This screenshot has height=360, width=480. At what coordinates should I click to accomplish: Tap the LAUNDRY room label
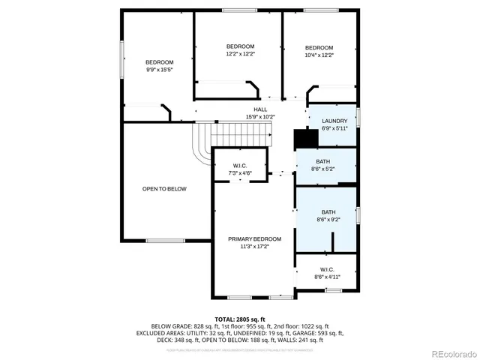coord(334,121)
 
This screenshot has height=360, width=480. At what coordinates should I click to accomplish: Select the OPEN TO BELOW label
coord(164,189)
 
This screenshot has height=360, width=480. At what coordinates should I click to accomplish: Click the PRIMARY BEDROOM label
coord(250,238)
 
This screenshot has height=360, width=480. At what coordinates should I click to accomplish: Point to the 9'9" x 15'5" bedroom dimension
coord(159,70)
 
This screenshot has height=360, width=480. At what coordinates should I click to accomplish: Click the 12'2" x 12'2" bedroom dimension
coord(241,54)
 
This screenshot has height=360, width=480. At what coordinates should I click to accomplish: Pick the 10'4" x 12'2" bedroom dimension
coord(319,55)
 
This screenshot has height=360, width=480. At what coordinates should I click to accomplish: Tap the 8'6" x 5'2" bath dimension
coord(322,169)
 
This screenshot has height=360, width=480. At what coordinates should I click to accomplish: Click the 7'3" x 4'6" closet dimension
coord(240,173)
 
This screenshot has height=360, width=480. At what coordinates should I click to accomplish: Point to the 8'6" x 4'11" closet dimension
coord(327,277)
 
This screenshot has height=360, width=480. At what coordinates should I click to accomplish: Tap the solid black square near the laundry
coord(302,139)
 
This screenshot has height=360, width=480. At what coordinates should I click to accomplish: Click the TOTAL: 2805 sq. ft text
coord(239,319)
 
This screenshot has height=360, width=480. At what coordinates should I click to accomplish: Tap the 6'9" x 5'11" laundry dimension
coord(334,128)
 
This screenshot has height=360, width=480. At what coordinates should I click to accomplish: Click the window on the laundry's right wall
coord(358,118)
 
